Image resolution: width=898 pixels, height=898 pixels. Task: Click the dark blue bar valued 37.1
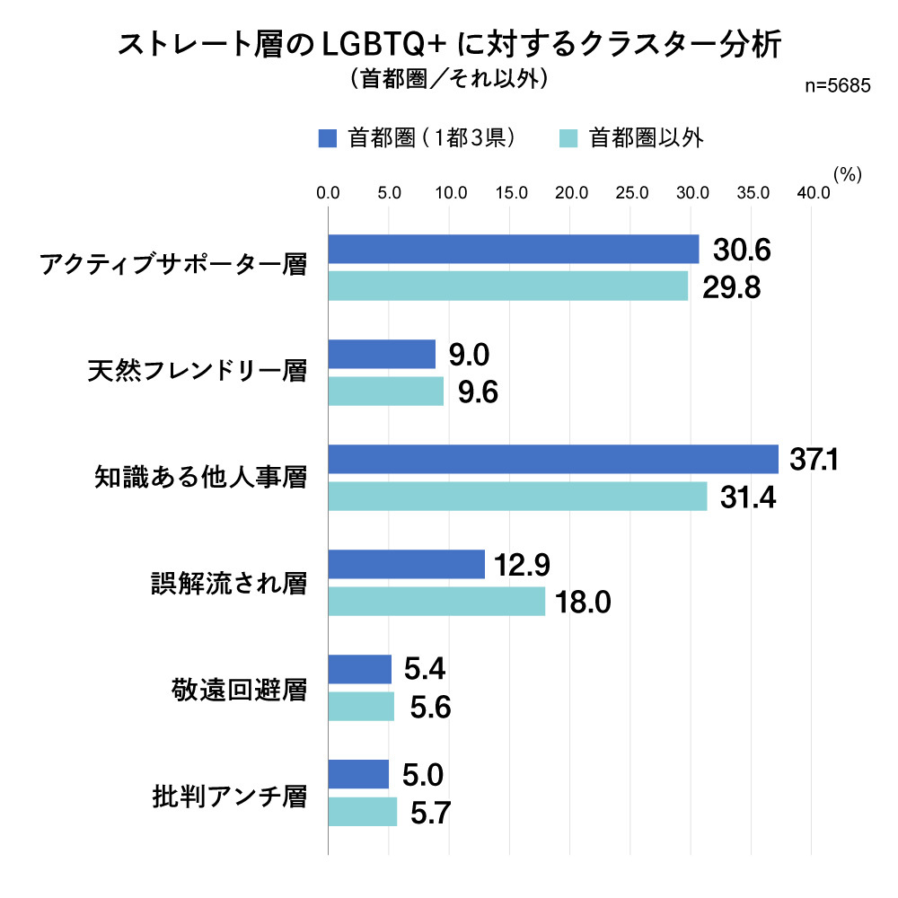[x=553, y=459]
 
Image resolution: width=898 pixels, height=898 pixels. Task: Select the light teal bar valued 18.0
[x=436, y=602]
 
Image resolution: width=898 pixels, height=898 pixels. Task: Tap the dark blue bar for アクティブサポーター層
[x=514, y=249]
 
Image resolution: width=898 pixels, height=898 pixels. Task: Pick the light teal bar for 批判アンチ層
[x=363, y=812]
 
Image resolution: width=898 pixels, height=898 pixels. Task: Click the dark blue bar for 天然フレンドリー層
[x=382, y=354]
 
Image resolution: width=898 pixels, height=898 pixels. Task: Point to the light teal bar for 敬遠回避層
[x=361, y=707]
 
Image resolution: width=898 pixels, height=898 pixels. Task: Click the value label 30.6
[x=743, y=250]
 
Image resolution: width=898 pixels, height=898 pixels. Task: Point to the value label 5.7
[x=430, y=813]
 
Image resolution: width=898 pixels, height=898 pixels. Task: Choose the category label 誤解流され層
[x=228, y=583]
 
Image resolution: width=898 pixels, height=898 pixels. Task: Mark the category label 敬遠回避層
[x=239, y=689]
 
